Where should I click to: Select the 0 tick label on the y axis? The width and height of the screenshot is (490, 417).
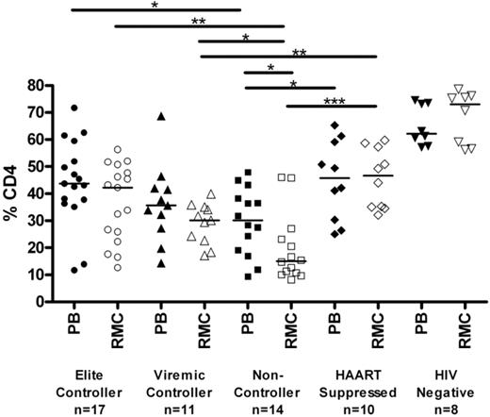(40, 302)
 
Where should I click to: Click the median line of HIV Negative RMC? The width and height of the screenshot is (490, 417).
(465, 104)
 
